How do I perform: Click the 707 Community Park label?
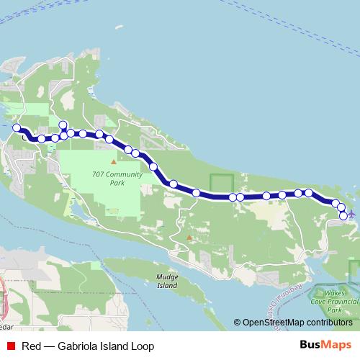[x=108, y=179]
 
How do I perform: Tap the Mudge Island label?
[x=166, y=281]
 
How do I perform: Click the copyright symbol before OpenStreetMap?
[x=238, y=323]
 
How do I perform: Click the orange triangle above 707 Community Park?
[x=113, y=161]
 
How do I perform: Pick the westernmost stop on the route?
[x=17, y=127]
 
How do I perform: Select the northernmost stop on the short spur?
[x=63, y=125]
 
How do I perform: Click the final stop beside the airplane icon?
[x=343, y=215]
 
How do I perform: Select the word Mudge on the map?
[x=166, y=276]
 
